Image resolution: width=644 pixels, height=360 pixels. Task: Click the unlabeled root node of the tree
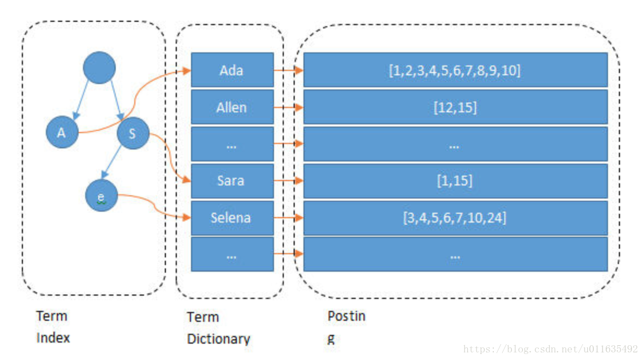tap(99, 68)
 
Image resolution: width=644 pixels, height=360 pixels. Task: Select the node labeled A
tap(62, 132)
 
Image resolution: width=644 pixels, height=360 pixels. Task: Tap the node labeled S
tap(133, 133)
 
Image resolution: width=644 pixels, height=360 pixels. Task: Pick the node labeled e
tap(102, 196)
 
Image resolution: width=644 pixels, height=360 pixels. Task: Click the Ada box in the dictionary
tap(232, 70)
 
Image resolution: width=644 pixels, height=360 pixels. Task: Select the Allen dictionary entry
tap(232, 107)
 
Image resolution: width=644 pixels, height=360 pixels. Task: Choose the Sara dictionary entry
tap(232, 181)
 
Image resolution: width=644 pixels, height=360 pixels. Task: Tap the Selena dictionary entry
tap(232, 218)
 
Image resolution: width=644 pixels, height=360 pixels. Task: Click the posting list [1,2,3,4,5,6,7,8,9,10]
tap(456, 70)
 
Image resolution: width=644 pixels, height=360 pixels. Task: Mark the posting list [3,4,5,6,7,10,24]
tap(456, 218)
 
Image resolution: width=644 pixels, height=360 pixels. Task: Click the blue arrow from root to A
tap(81, 100)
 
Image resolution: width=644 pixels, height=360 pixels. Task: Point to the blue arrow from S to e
tap(111, 162)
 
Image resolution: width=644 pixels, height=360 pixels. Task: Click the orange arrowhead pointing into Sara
tap(187, 180)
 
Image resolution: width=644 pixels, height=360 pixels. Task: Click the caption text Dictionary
tap(218, 339)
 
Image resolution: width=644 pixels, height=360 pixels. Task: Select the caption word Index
tap(53, 338)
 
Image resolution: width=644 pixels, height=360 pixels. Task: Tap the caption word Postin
tap(346, 316)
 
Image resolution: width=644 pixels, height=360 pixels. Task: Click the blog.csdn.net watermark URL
tap(550, 349)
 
